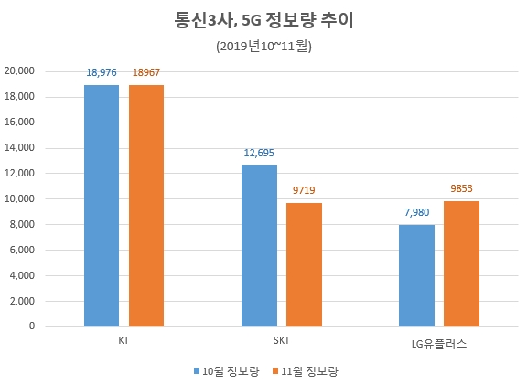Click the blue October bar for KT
coord(102,206)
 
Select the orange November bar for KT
coord(146,206)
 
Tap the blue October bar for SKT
coord(259,245)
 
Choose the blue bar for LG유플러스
coord(416,275)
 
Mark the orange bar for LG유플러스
coord(461,263)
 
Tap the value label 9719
coord(304,193)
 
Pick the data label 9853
coord(461,191)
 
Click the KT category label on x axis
coord(124,339)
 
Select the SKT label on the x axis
coord(281,339)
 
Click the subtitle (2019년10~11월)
coord(263,44)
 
